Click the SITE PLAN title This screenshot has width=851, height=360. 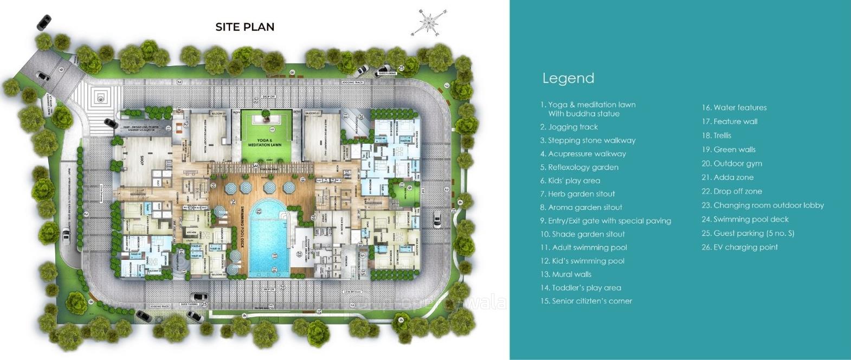coord(244,27)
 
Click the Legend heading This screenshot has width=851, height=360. coord(568,78)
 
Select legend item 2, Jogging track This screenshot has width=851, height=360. coord(569,127)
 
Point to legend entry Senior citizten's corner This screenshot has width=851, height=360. coord(586,301)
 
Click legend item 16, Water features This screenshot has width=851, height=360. coord(734,107)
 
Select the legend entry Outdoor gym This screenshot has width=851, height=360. coord(732,163)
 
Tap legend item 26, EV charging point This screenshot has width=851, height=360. coord(740,247)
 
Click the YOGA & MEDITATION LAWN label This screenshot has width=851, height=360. coord(270,143)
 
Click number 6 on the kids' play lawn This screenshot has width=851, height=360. coord(410,188)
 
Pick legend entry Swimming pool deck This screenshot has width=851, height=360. coord(745,219)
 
